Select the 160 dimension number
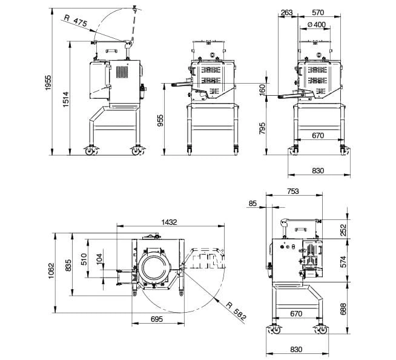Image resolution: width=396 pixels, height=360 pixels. click(262, 88)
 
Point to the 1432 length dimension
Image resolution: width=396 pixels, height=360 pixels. click(169, 222)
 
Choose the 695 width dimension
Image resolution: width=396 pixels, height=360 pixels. click(156, 319)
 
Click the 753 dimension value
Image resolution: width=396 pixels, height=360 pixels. click(292, 192)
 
